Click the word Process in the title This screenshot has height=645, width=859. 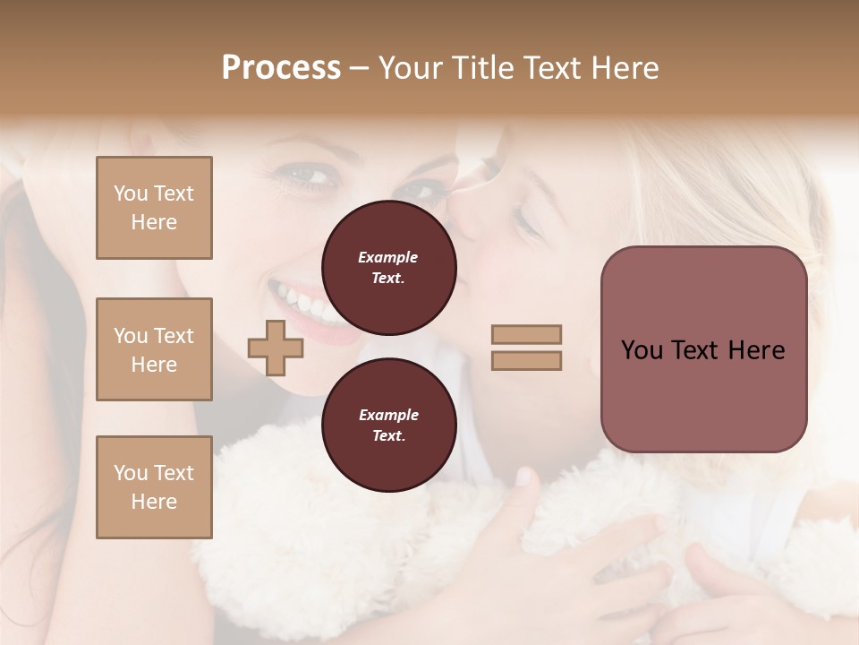[x=281, y=68]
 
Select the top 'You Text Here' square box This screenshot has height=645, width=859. [x=154, y=208]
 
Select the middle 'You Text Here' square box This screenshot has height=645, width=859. [x=154, y=349]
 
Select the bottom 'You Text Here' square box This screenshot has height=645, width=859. [x=154, y=487]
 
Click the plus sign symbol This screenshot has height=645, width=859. [x=276, y=348]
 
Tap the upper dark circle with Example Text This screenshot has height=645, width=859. [x=388, y=268]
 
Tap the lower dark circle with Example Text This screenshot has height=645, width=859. [x=388, y=426]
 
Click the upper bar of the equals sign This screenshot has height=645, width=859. [x=526, y=334]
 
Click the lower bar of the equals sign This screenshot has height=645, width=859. [x=526, y=360]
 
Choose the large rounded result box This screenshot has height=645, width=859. [x=703, y=349]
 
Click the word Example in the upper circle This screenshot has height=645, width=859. [x=388, y=257]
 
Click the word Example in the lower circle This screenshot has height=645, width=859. [x=388, y=415]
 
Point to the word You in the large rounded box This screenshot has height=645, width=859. [x=642, y=350]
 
